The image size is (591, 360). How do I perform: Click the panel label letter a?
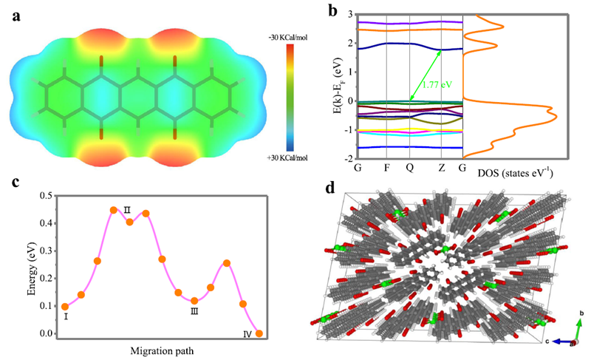(x=16, y=16)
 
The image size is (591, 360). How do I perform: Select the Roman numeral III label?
(x=194, y=312)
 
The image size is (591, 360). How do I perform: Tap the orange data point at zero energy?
(x=259, y=333)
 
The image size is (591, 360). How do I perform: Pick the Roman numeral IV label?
(x=247, y=335)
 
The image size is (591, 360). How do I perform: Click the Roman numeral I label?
(x=66, y=316)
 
